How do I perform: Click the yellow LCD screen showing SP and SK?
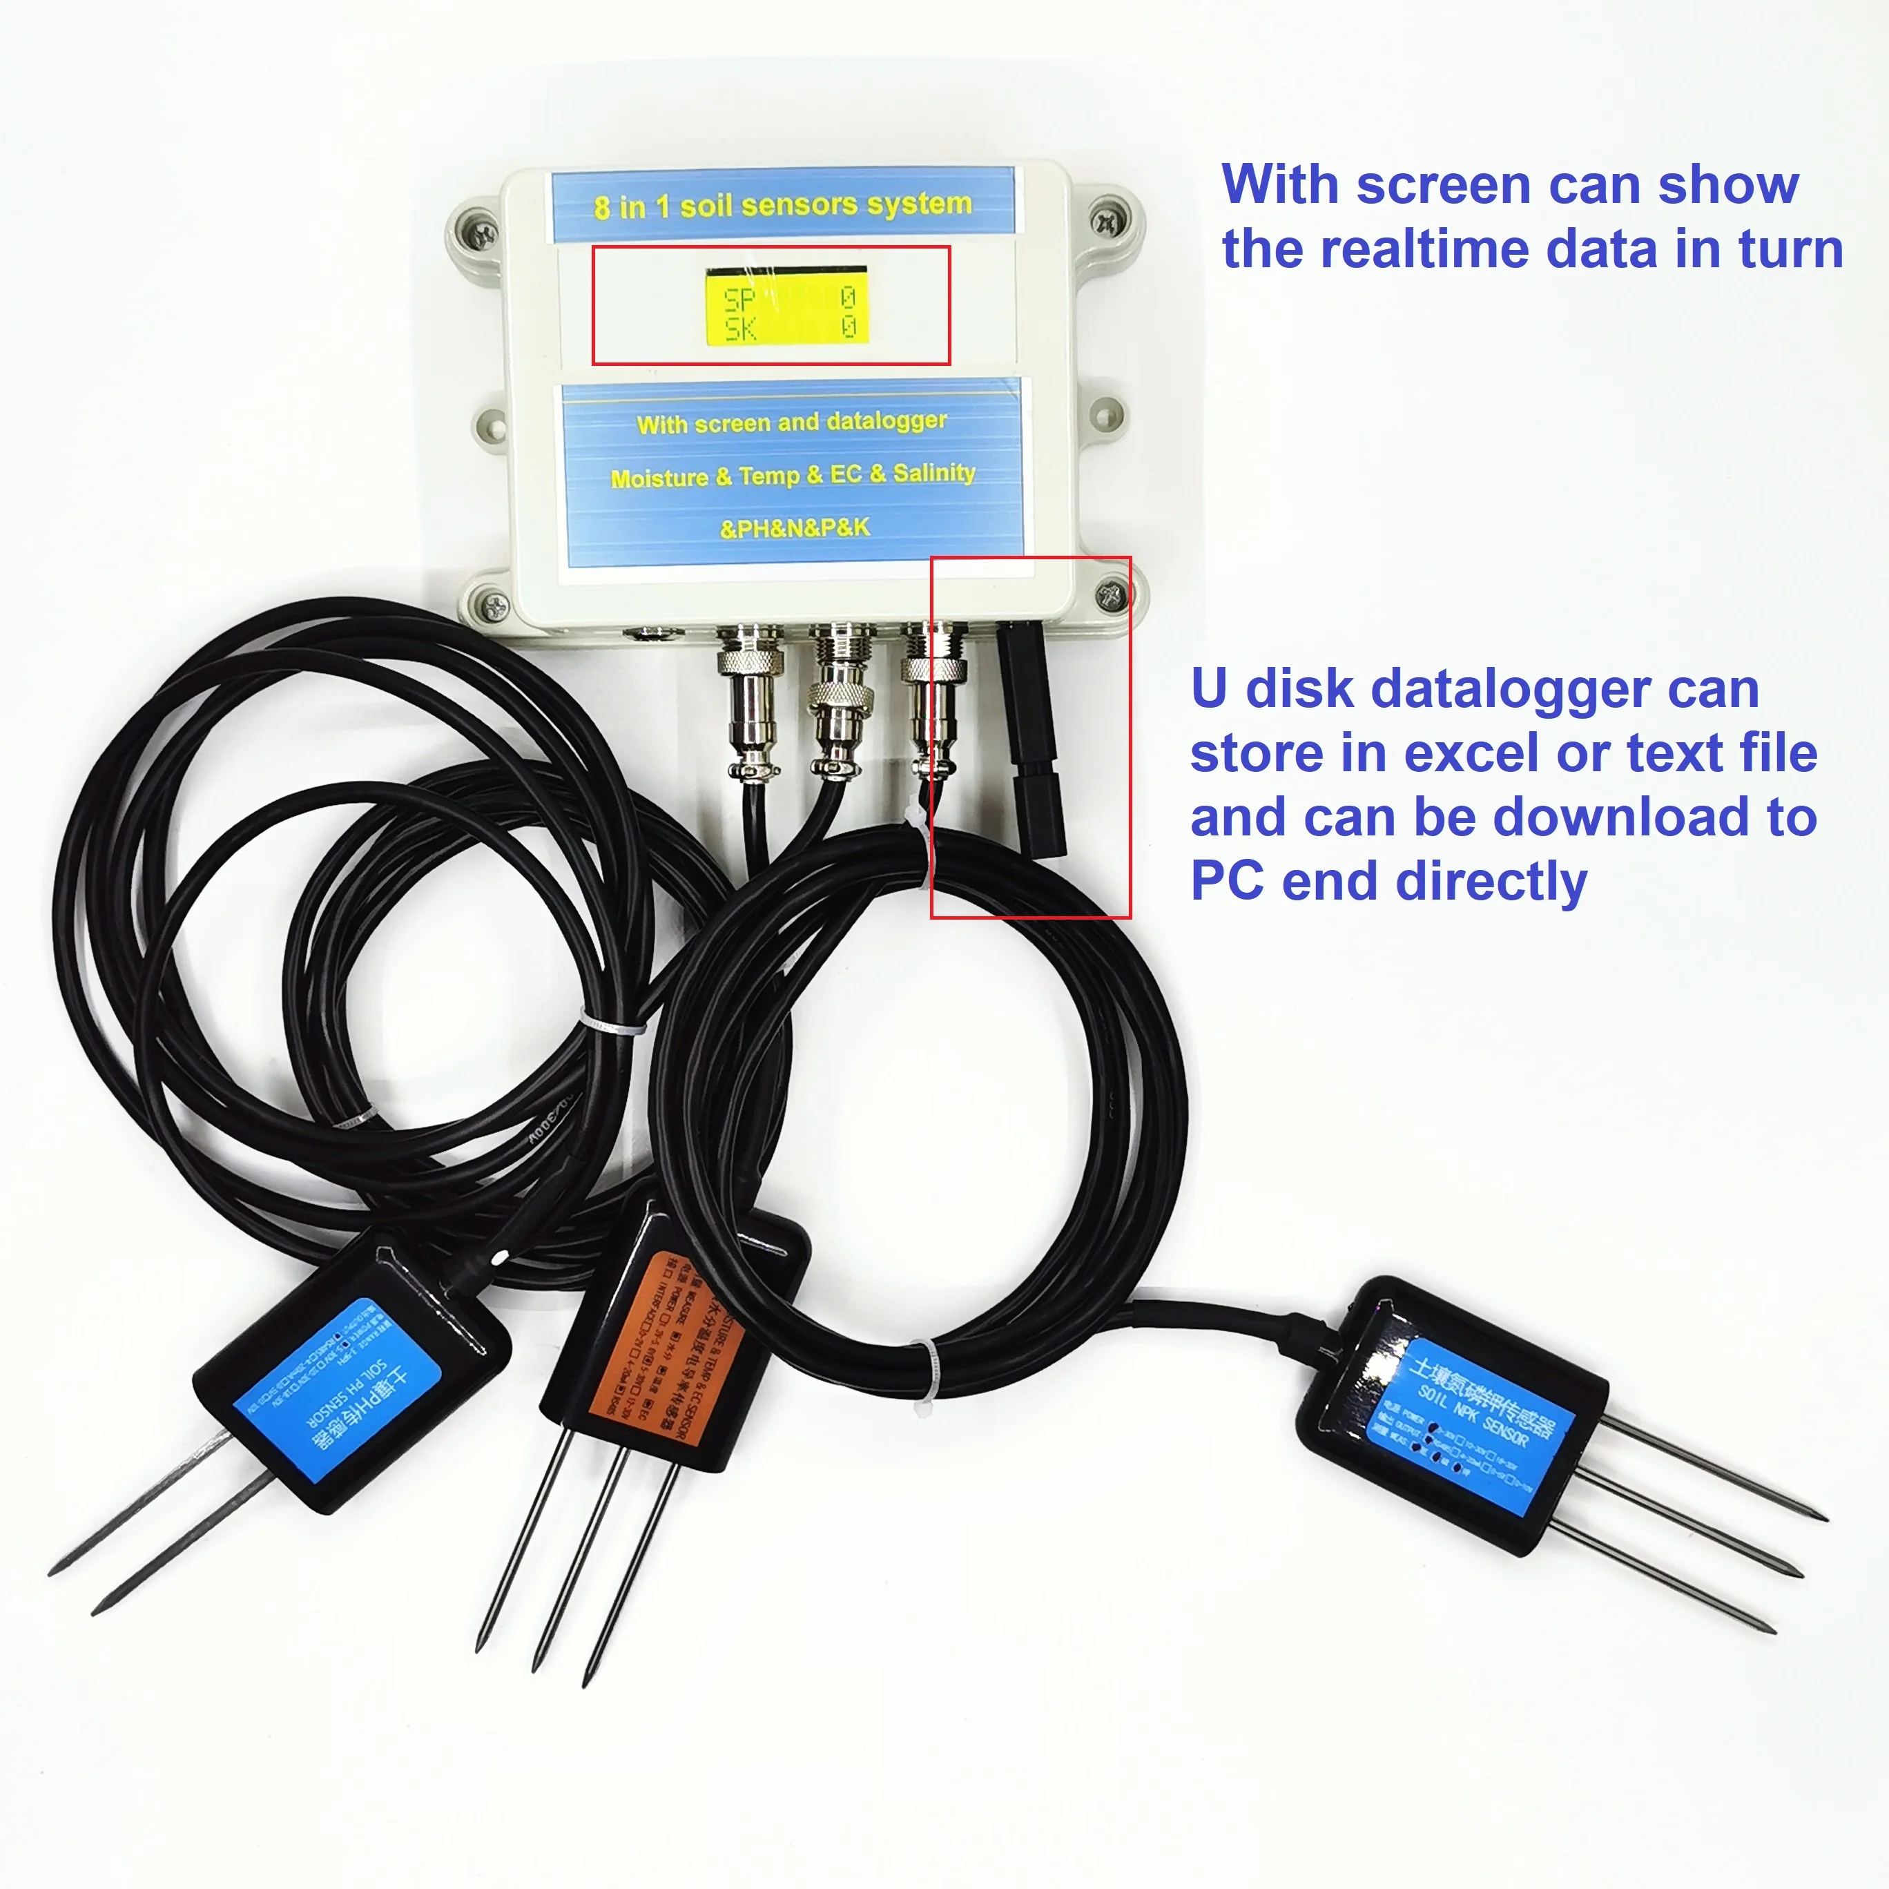[786, 305]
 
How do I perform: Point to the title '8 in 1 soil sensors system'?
[782, 204]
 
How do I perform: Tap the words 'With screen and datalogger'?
[791, 423]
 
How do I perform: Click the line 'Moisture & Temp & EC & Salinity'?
[793, 475]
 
